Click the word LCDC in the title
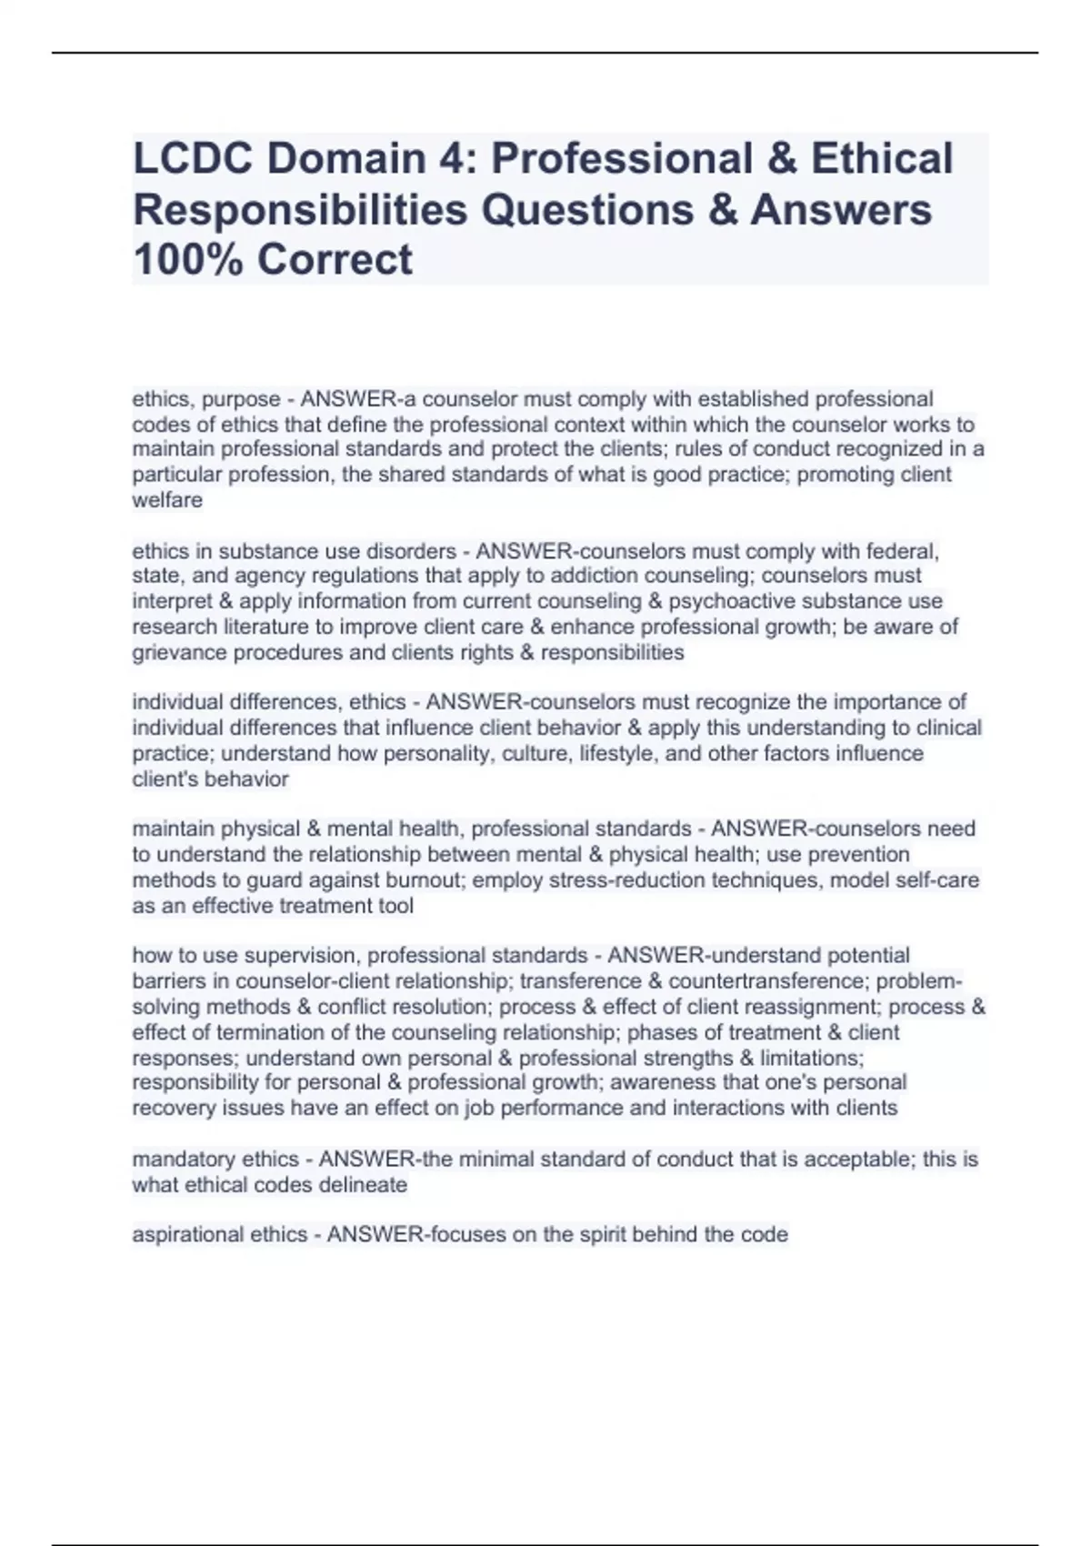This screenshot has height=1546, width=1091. [x=189, y=159]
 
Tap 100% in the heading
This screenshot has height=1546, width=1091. [x=186, y=259]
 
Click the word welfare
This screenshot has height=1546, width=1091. [x=167, y=500]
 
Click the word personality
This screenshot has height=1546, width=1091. [x=430, y=754]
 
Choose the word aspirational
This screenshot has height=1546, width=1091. [x=175, y=1235]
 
